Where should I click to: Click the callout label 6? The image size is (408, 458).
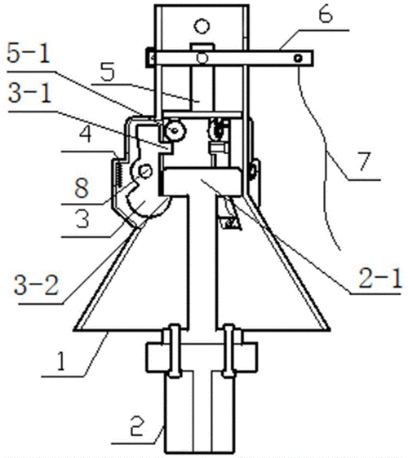[x=326, y=15]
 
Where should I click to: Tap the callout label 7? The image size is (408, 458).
[x=364, y=161]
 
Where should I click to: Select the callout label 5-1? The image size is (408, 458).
[x=28, y=53]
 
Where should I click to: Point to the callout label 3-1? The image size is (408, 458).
[x=30, y=93]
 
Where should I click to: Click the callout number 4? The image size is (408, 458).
[x=85, y=134]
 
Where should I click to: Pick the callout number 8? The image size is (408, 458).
[x=82, y=187]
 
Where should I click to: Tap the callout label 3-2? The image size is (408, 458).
[x=36, y=284]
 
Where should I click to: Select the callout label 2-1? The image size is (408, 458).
[x=380, y=279]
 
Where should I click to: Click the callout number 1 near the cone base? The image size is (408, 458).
[x=60, y=361]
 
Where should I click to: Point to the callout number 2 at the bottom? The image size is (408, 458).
[x=137, y=425]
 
